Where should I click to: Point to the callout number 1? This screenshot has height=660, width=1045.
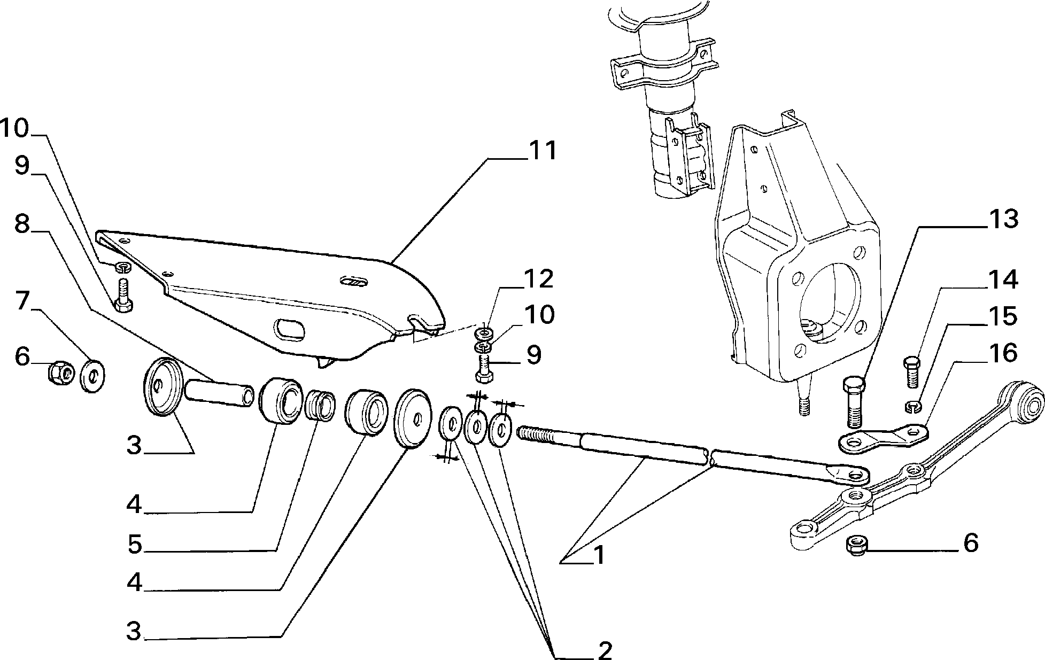(x=599, y=556)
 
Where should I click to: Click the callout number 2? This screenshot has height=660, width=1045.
(x=605, y=650)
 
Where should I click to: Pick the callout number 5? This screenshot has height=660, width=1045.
(x=135, y=545)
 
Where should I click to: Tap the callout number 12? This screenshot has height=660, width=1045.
(x=538, y=279)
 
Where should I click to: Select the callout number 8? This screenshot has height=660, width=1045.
(x=22, y=224)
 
